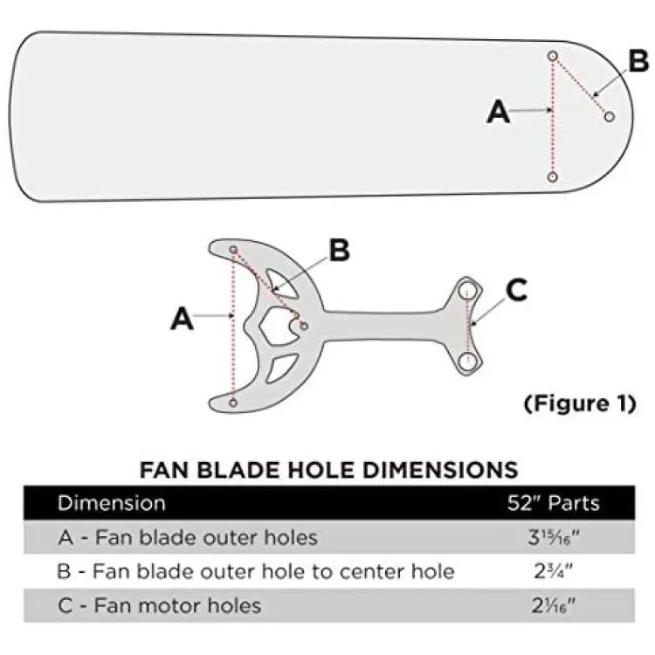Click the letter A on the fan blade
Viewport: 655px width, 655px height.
coord(499,112)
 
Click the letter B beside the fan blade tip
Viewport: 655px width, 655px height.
coord(638,61)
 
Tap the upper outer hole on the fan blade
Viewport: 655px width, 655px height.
coord(553,56)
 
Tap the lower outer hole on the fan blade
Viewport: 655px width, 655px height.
coord(553,177)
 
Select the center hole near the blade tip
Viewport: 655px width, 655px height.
coord(610,116)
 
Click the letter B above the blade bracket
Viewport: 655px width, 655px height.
coord(339,250)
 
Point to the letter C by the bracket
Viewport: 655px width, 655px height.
coord(516,290)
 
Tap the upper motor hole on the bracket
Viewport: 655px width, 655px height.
coord(467,291)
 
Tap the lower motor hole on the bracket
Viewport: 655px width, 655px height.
coord(467,361)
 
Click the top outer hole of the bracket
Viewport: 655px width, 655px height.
coord(233,250)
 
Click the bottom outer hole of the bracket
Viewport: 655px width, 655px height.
coord(233,403)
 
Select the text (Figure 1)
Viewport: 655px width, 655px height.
coord(580,403)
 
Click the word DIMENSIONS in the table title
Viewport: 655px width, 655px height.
coord(440,470)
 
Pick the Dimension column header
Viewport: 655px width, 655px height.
coord(112,503)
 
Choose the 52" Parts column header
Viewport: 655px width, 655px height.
coord(554,503)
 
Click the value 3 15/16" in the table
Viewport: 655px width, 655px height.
coord(554,538)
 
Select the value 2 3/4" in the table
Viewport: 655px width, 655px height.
coord(554,571)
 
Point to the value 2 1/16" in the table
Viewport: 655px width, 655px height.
coord(554,605)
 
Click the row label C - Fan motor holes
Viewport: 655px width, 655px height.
coord(160,605)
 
